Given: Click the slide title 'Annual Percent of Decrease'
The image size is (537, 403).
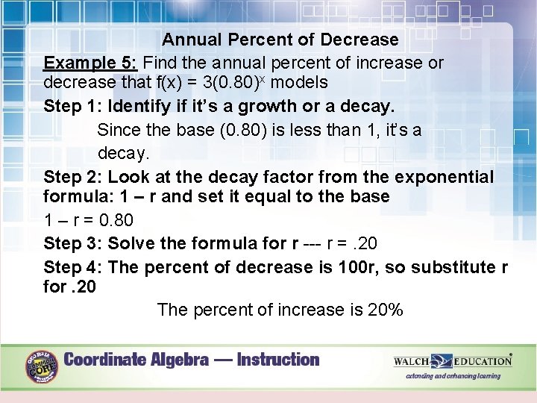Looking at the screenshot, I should coord(280,40).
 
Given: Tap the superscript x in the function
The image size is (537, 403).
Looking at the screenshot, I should coord(263,77).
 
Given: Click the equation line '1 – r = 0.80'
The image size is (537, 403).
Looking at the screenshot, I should coord(89,220).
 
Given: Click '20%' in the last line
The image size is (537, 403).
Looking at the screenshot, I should coord(386,310).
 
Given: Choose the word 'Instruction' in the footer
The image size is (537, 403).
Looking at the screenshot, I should coord(277,360).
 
